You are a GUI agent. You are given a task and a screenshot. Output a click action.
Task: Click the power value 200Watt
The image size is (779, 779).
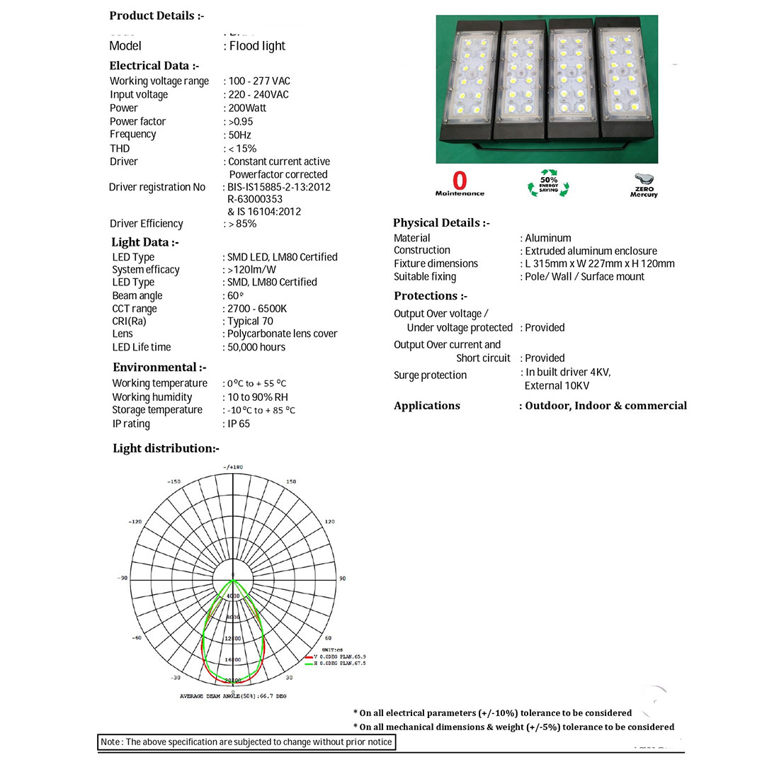(247, 108)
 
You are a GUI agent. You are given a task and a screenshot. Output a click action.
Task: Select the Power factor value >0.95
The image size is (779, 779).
(241, 122)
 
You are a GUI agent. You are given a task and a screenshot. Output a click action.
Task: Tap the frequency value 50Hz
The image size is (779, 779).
(239, 135)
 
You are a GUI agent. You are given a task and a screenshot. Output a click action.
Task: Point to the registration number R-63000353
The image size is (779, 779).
(255, 200)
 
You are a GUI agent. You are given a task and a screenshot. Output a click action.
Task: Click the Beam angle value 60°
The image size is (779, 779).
(235, 296)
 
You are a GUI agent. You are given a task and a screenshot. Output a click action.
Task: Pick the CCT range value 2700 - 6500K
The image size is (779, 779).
(257, 309)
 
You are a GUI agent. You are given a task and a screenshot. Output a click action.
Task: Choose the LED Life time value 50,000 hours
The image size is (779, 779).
(256, 348)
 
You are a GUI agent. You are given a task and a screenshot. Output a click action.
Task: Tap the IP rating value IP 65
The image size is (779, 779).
(239, 424)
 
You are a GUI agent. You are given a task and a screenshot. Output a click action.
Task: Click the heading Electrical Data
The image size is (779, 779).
(154, 66)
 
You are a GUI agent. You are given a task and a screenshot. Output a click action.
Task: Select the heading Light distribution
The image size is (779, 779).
(166, 448)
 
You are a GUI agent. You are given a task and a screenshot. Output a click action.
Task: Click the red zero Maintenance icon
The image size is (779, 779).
(460, 183)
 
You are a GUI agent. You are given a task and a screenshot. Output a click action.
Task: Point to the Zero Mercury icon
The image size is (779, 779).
(644, 185)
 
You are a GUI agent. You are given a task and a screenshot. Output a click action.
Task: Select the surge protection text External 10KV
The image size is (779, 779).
(557, 386)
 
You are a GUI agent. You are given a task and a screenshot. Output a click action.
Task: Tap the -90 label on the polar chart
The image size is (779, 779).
(123, 579)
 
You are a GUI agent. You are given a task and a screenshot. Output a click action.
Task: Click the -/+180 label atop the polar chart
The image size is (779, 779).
(233, 467)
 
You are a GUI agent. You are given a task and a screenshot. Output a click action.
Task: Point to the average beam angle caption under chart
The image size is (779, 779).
(233, 696)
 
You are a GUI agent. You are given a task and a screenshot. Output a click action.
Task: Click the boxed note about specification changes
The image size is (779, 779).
(246, 742)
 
